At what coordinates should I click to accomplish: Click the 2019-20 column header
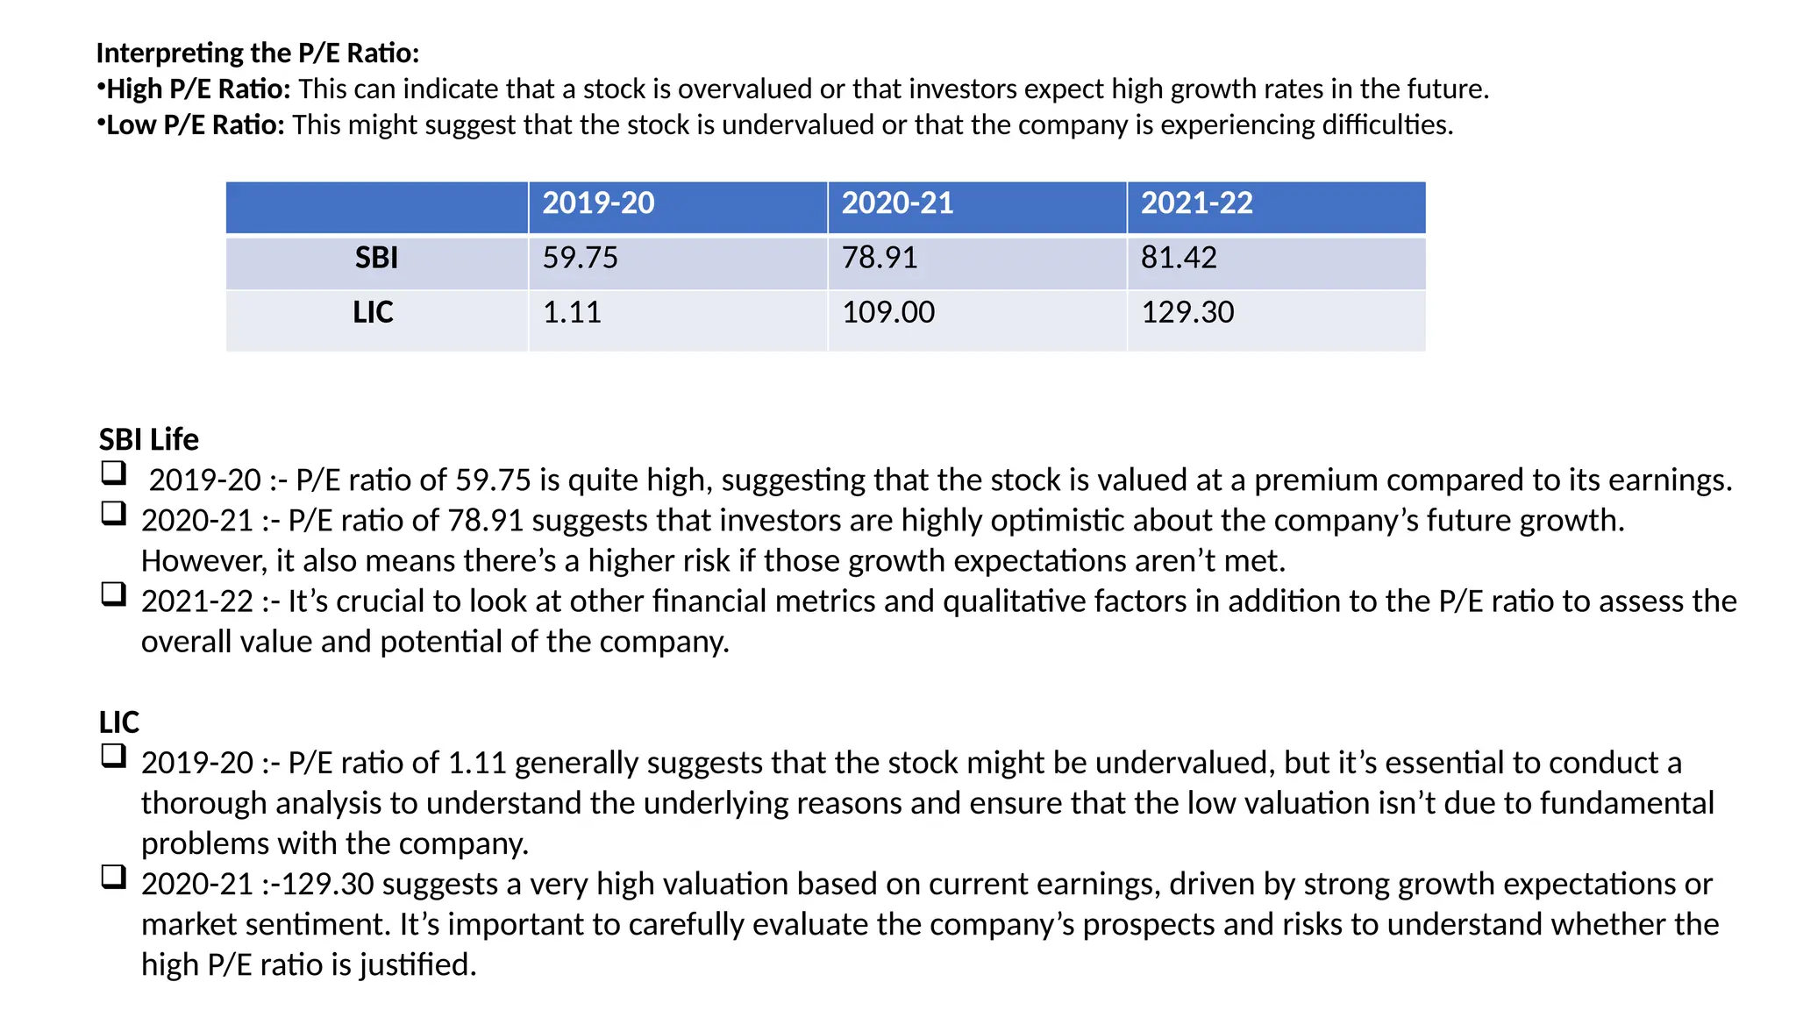598,203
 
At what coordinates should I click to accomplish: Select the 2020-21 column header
897,203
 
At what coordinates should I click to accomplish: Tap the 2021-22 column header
1196,203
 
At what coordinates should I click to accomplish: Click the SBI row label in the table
376,258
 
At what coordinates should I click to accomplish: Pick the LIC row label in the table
374,312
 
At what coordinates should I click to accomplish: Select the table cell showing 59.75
580,258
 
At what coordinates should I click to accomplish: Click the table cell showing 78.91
880,258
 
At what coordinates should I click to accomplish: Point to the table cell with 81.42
1179,258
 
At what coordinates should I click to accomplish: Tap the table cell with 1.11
572,312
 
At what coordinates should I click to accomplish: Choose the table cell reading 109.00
888,312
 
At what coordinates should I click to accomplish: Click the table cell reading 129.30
1187,312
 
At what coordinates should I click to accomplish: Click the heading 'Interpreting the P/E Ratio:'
258,53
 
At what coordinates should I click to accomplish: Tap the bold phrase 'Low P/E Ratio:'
196,125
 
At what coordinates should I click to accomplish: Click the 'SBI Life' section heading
149,439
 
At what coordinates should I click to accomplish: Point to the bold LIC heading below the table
119,722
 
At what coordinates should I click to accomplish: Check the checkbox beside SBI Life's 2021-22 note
113,594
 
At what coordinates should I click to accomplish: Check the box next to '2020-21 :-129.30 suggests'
113,877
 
